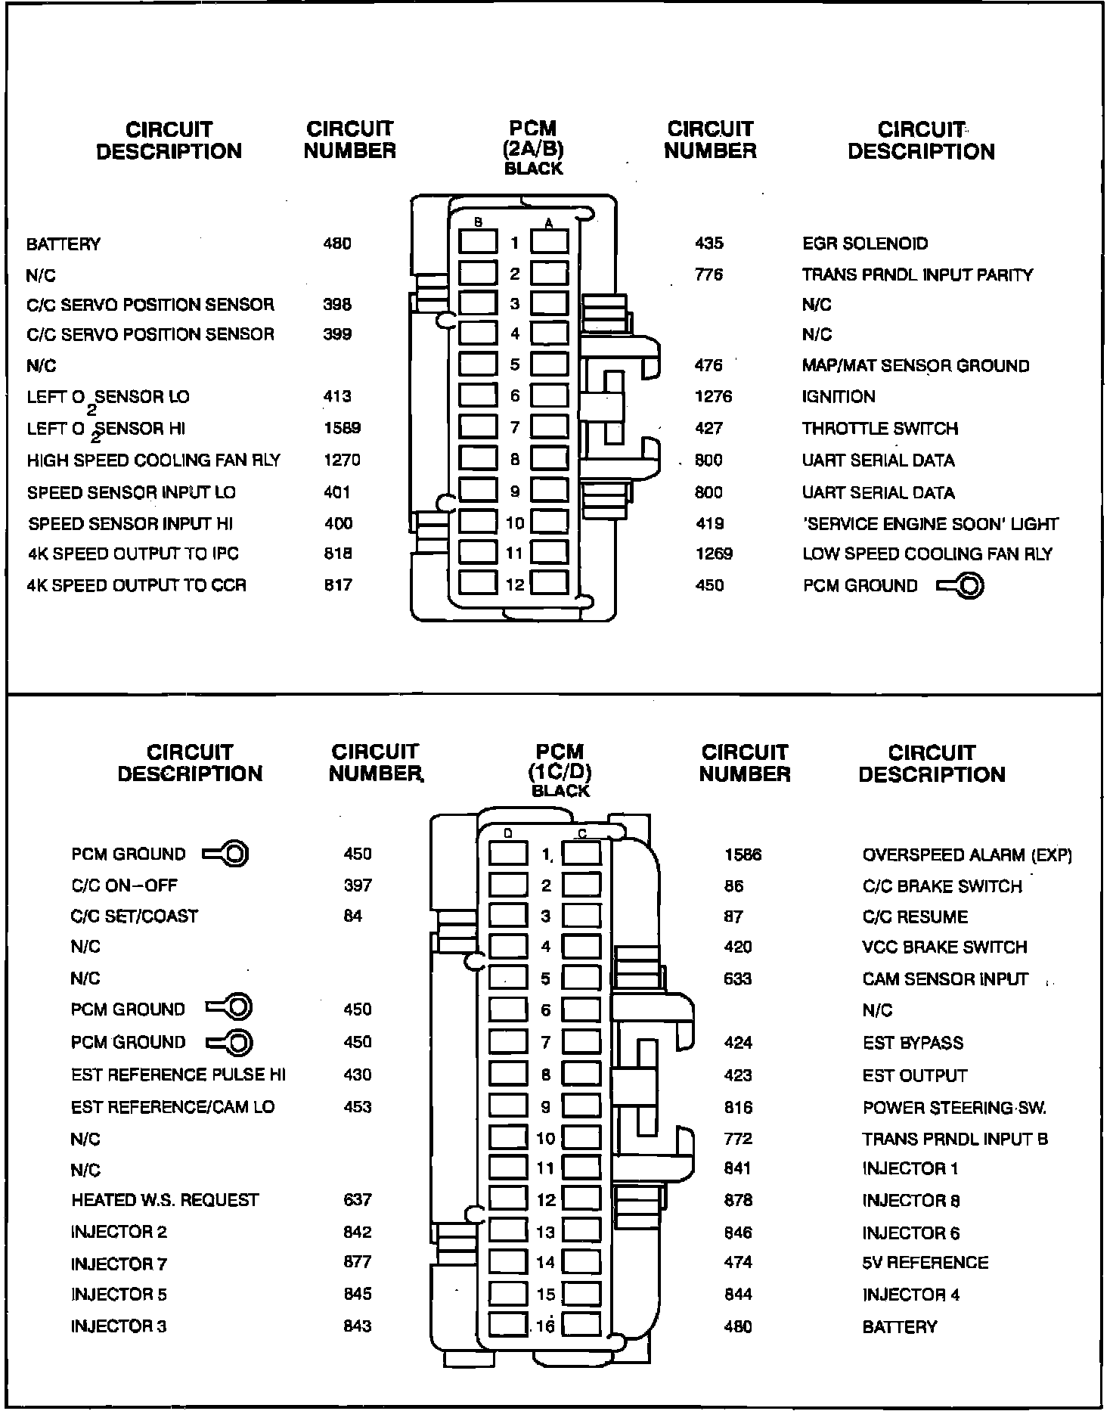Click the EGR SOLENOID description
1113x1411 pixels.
pos(865,243)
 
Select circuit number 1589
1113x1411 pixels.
pos(342,428)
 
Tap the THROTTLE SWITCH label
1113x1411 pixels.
pos(879,429)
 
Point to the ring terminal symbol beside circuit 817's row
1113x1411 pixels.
pos(960,586)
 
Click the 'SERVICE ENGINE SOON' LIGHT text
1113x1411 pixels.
pos(930,523)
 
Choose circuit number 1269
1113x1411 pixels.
pos(714,554)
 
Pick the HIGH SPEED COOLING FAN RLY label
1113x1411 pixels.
pos(153,461)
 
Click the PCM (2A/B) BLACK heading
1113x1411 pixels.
pos(533,148)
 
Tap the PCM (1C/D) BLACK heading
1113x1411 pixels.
pos(560,771)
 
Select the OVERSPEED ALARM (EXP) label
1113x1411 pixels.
pos(967,855)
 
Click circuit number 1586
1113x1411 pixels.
pos(743,855)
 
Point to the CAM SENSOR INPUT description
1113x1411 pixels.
pos(945,979)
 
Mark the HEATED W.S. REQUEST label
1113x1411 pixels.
pos(165,1200)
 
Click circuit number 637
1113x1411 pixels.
pos(357,1200)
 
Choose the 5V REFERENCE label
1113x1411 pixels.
pos(925,1263)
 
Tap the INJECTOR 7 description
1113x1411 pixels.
pos(119,1264)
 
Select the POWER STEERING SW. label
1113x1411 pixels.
pos(954,1108)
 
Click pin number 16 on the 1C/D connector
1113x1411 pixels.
pos(546,1326)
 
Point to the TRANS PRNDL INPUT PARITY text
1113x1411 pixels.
pos(917,275)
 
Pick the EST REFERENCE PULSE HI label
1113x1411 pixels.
pos(178,1075)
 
